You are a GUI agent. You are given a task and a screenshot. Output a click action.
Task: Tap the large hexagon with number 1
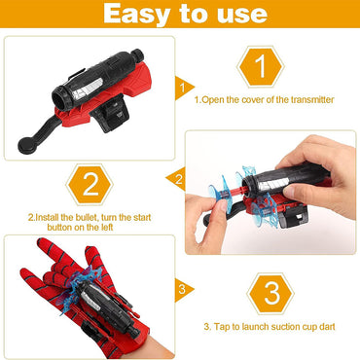pos(261,67)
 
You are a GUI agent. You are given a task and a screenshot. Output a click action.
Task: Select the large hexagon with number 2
pos(90,185)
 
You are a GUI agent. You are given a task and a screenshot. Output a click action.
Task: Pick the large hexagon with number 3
pos(270,294)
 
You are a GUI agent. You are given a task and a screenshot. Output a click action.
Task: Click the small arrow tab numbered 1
pos(184,89)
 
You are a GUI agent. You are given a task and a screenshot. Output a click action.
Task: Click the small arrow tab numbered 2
pos(176,179)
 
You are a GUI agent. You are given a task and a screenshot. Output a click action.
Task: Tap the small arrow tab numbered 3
pos(183,290)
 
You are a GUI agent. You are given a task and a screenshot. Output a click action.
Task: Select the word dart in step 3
pos(327,326)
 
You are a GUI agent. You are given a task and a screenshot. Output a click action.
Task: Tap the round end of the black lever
pos(25,146)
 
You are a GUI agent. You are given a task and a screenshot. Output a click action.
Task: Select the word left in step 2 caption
pos(105,228)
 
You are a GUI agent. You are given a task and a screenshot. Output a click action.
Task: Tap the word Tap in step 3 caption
pos(221,327)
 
